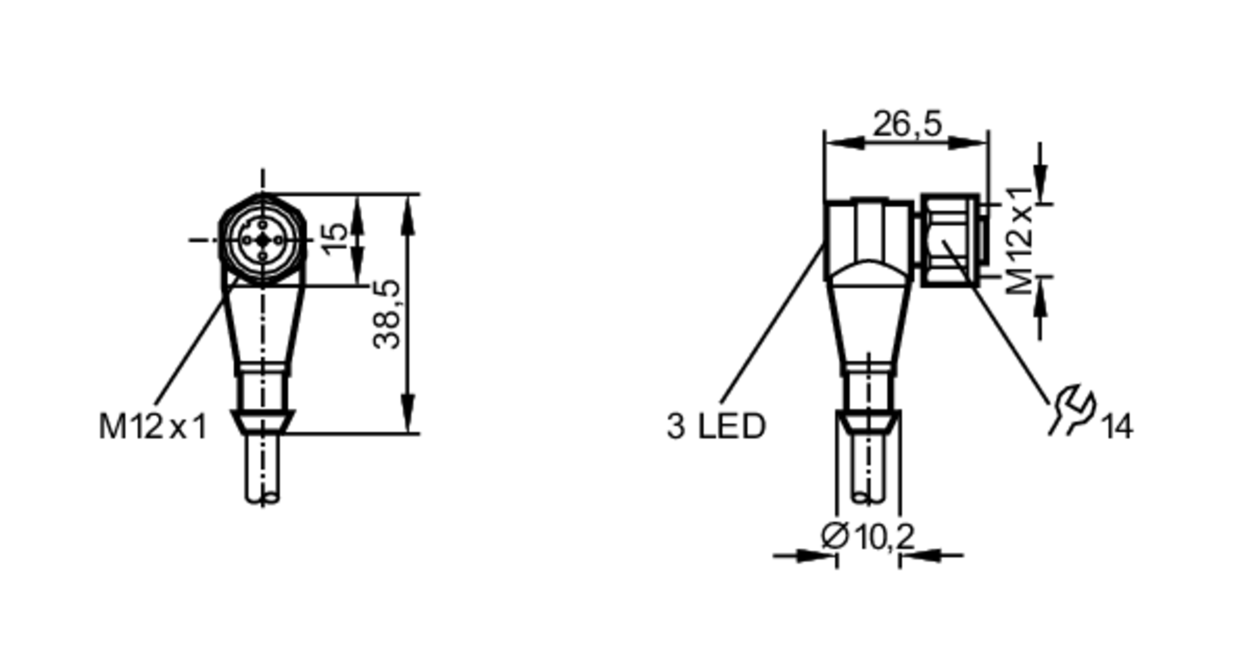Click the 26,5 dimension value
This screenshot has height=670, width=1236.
click(x=907, y=124)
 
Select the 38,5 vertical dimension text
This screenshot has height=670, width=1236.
click(x=387, y=314)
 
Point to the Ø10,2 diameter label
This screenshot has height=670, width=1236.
click(x=867, y=535)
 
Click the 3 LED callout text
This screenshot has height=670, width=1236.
click(x=716, y=426)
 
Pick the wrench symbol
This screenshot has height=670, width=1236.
click(x=1072, y=409)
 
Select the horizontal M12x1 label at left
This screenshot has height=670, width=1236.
click(x=153, y=426)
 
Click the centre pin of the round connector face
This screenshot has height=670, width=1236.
click(x=263, y=240)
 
